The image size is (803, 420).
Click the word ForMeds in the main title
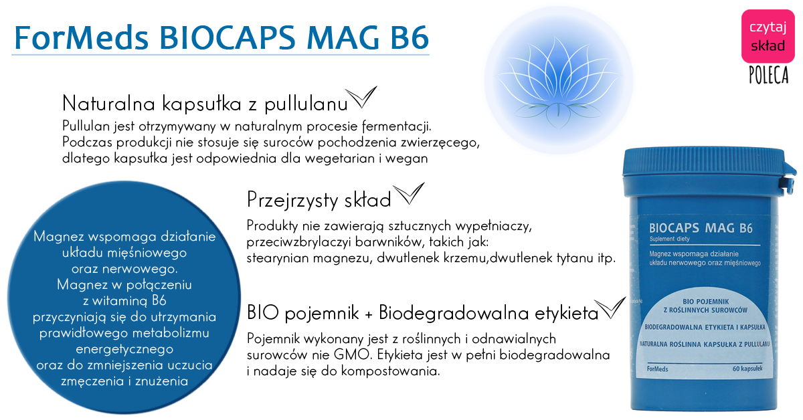coord(82,37)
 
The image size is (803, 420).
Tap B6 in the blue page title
coord(409,37)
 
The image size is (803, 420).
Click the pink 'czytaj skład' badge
coord(768,36)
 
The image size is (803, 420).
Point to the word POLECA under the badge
coord(769,75)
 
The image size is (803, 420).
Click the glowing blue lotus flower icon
coord(558,80)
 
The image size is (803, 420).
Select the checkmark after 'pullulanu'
coord(361,97)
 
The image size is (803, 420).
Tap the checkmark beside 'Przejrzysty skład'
coord(409,193)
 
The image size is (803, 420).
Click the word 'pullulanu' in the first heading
coord(306,104)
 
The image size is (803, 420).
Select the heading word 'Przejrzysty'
coord(292,201)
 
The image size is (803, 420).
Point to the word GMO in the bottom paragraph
coord(352,354)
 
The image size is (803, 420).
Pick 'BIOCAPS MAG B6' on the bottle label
coord(701,228)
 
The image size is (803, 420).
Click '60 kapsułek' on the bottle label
coord(747,369)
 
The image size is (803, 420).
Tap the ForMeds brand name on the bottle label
coord(657,369)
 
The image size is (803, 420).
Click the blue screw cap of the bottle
coord(705,173)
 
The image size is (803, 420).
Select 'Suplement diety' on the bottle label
coord(669,239)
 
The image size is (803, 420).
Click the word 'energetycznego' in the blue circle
coord(124,349)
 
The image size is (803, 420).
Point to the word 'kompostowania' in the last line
coord(390,371)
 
